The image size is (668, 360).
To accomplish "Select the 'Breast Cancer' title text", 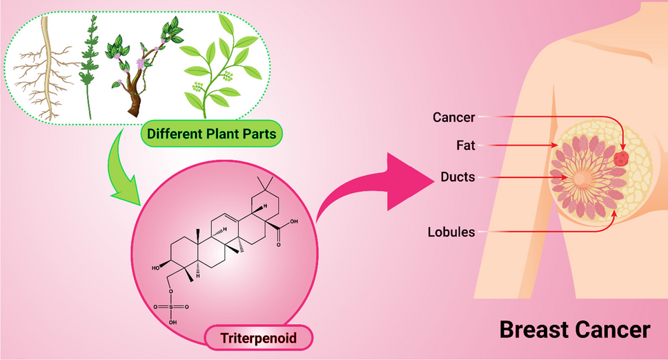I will [574, 330].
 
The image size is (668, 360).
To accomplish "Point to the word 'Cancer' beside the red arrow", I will [453, 117].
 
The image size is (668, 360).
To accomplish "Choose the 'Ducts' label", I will [458, 177].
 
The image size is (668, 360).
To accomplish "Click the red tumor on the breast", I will [622, 158].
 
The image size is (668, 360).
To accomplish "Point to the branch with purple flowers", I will [138, 69].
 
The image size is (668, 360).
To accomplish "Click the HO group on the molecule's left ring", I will [158, 266].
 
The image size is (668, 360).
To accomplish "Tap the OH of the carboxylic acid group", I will [295, 222].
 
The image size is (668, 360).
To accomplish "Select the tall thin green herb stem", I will [88, 66].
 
